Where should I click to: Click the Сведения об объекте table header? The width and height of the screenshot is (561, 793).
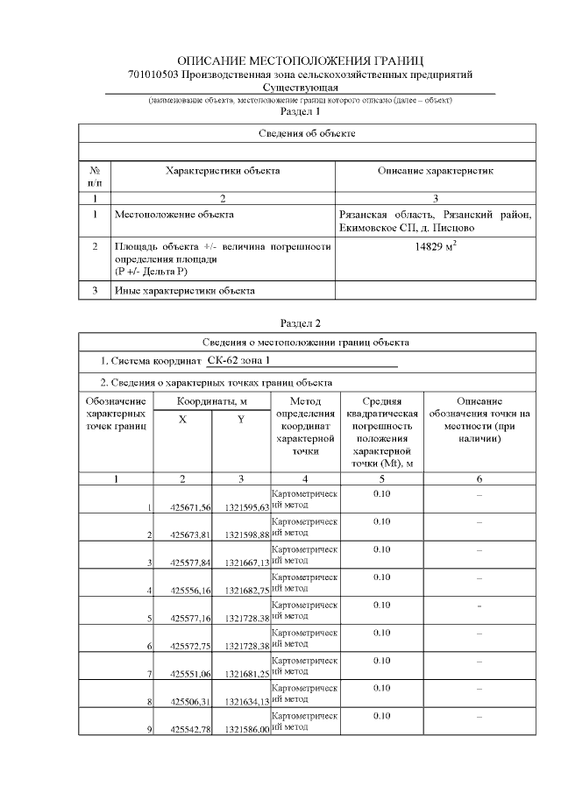click(307, 133)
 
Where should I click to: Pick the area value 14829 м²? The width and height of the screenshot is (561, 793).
click(436, 247)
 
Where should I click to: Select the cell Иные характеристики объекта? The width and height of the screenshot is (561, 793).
click(184, 290)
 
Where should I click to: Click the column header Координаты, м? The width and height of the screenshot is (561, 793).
click(211, 400)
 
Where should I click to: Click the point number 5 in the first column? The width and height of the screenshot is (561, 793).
click(150, 618)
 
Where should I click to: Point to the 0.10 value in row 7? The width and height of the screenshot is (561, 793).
click(381, 660)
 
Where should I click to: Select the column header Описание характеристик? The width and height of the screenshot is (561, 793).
click(436, 172)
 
